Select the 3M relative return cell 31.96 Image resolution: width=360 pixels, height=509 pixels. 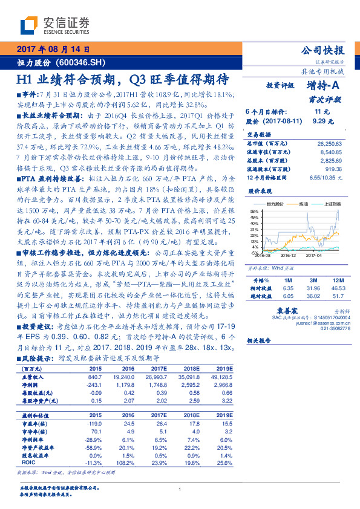click(314, 272)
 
